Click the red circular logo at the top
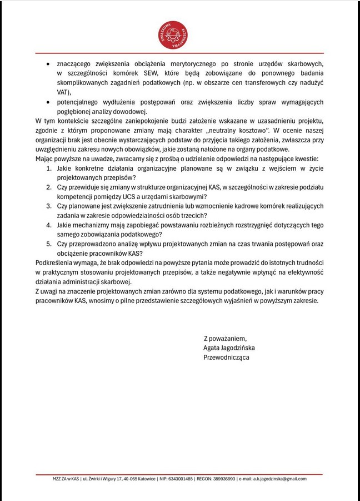[x=174, y=35]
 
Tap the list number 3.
[x=49, y=206]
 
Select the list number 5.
[x=49, y=244]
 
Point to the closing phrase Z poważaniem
[x=224, y=338]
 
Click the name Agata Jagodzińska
[x=229, y=348]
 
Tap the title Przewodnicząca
[x=226, y=357]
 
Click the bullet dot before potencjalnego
[x=49, y=102]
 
